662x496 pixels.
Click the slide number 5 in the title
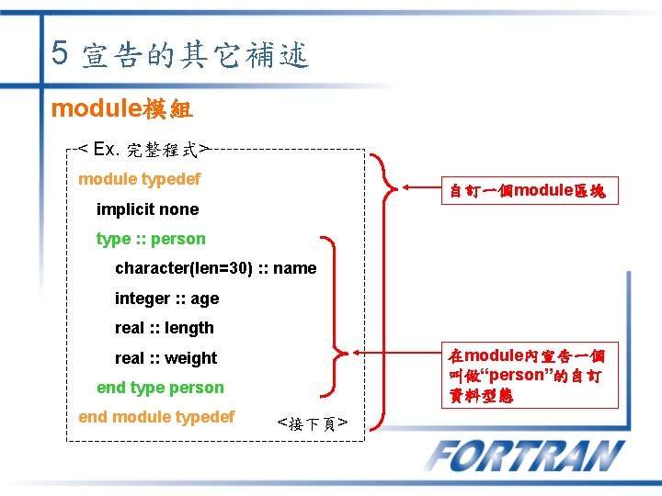(x=60, y=52)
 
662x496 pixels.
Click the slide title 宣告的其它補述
(x=195, y=56)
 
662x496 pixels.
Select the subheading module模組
(x=121, y=108)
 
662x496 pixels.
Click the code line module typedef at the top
(x=139, y=179)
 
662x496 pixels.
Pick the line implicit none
(x=147, y=209)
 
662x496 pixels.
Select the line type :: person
(x=151, y=239)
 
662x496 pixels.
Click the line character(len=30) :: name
(x=215, y=269)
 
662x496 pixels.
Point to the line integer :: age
(x=166, y=299)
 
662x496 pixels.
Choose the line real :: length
(x=164, y=328)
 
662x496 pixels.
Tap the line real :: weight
(x=165, y=358)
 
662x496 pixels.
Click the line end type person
(x=160, y=388)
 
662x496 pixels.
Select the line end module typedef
(x=156, y=417)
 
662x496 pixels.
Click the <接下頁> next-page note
(x=312, y=423)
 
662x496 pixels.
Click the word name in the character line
(x=295, y=269)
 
